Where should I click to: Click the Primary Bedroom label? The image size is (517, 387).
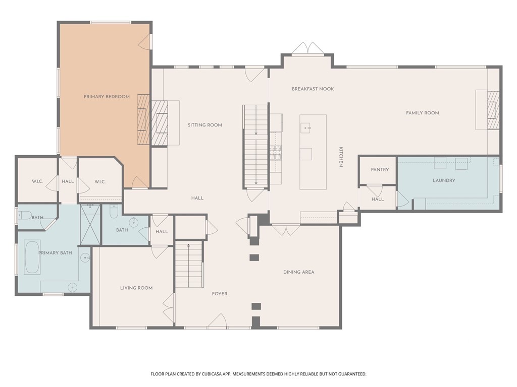(x=107, y=97)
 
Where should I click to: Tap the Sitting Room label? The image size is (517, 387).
(x=205, y=125)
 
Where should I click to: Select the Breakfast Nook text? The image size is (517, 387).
(x=313, y=89)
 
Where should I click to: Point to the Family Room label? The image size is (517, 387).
(x=423, y=113)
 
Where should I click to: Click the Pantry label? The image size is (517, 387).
(x=380, y=170)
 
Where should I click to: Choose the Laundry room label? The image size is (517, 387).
(x=444, y=181)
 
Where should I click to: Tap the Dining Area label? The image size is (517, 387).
(x=299, y=272)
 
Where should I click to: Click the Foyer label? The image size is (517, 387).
(x=220, y=294)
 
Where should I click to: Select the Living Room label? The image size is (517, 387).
(x=136, y=288)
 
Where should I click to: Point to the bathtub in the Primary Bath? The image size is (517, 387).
(x=32, y=257)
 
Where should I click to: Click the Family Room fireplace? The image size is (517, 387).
(x=493, y=110)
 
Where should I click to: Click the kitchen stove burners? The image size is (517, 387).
(x=275, y=153)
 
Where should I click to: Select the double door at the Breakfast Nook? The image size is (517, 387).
(x=307, y=48)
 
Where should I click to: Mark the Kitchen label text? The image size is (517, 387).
(x=341, y=157)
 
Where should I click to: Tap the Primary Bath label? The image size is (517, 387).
(x=55, y=253)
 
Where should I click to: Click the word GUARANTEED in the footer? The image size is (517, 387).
(x=352, y=374)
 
